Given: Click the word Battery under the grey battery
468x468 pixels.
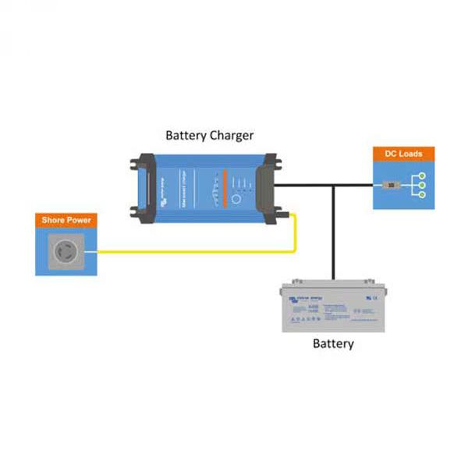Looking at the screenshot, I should (x=333, y=343).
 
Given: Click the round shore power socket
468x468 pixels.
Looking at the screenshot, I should (x=66, y=252).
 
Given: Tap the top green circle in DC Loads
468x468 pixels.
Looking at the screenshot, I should (x=422, y=175).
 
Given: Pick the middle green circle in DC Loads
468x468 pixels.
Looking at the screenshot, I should (x=422, y=186).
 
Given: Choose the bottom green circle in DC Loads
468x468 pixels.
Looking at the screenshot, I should (x=422, y=195).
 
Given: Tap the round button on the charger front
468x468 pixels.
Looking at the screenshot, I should (x=236, y=199).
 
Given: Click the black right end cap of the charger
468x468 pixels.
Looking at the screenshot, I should (x=271, y=187).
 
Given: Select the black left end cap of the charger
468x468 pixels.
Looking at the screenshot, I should (x=140, y=187).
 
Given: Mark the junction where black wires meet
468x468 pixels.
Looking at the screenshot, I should (x=334, y=186).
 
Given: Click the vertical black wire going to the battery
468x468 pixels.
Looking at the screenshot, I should (x=334, y=234).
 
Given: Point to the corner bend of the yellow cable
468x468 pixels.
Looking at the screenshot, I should (x=294, y=251).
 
